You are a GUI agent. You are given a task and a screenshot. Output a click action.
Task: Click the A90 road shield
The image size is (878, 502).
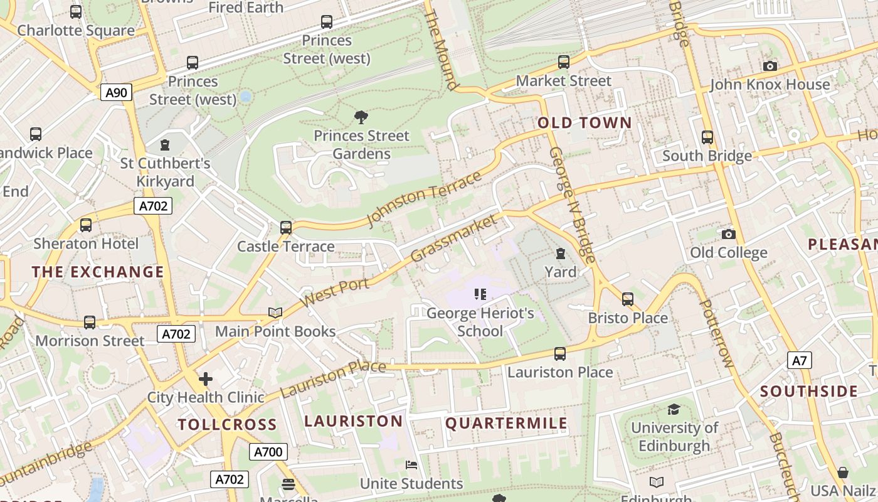click(116, 93)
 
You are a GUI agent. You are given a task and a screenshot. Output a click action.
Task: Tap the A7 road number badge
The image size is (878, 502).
click(800, 360)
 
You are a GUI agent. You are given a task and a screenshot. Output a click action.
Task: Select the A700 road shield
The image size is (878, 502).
click(268, 452)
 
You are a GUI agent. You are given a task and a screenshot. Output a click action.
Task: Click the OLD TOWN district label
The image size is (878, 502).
click(584, 122)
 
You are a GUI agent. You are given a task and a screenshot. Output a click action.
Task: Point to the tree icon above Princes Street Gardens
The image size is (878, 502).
click(361, 117)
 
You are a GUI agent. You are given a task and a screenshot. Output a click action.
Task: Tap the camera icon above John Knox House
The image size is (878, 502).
click(770, 66)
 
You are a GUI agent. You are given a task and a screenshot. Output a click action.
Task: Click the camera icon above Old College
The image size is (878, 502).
click(728, 234)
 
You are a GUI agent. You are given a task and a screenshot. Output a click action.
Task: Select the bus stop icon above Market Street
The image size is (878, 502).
click(564, 62)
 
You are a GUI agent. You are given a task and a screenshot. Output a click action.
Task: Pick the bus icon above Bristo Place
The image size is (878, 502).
click(628, 299)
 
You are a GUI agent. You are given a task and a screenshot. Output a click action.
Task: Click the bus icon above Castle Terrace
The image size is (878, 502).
click(286, 227)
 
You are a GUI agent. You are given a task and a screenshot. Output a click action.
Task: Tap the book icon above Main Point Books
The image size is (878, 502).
click(275, 312)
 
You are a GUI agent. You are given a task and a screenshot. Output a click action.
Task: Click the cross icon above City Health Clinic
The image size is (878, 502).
click(206, 379)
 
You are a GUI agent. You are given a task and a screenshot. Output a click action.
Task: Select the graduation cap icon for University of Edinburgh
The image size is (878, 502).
click(674, 409)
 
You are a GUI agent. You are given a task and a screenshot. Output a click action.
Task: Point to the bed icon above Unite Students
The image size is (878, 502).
click(411, 465)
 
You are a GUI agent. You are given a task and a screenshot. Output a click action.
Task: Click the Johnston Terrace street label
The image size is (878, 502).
click(424, 198)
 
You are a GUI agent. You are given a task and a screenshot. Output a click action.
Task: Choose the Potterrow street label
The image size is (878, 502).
click(716, 333)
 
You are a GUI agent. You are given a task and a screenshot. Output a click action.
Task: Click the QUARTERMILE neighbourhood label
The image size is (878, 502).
click(506, 424)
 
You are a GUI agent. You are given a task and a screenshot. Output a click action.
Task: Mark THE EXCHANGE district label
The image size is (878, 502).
click(98, 272)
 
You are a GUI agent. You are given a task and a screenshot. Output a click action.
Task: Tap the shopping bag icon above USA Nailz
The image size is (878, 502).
click(843, 472)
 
